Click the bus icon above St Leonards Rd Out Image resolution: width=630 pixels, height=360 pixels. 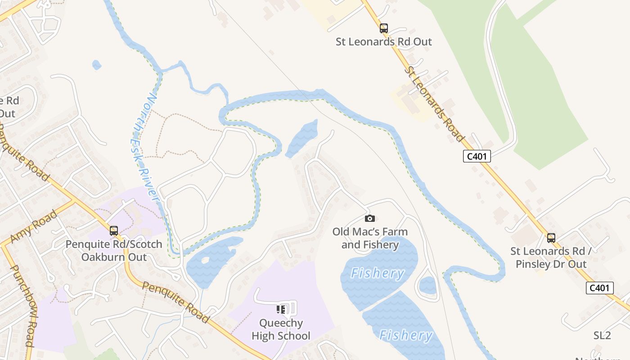pyautogui.click(x=383, y=28)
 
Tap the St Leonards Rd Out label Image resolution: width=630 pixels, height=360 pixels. pyautogui.click(x=383, y=42)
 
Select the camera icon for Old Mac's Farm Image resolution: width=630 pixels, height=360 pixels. pyautogui.click(x=369, y=219)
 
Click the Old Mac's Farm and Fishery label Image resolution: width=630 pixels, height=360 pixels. pyautogui.click(x=370, y=238)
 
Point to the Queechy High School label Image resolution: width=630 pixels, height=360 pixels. pyautogui.click(x=281, y=329)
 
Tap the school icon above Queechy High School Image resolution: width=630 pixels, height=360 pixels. pyautogui.click(x=281, y=310)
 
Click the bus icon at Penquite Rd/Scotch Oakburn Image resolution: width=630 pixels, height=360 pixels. pyautogui.click(x=114, y=231)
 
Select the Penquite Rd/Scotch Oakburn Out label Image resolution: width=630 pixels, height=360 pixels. pyautogui.click(x=114, y=251)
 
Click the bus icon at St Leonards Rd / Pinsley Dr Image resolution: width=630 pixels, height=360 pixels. pyautogui.click(x=551, y=238)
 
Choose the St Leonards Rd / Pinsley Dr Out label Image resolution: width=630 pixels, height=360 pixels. pyautogui.click(x=551, y=257)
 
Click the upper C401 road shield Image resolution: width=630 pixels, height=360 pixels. pyautogui.click(x=477, y=156)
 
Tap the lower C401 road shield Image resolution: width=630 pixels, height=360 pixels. pyautogui.click(x=599, y=288)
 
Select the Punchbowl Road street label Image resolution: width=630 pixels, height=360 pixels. pyautogui.click(x=22, y=306)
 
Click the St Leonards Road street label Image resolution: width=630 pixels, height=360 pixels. pyautogui.click(x=434, y=103)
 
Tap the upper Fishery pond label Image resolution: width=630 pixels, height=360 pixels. pyautogui.click(x=377, y=273)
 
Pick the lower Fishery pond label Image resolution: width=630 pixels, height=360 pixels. pyautogui.click(x=405, y=335)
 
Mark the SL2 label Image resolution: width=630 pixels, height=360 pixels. pyautogui.click(x=602, y=335)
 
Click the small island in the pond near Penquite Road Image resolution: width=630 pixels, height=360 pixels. pyautogui.click(x=205, y=260)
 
